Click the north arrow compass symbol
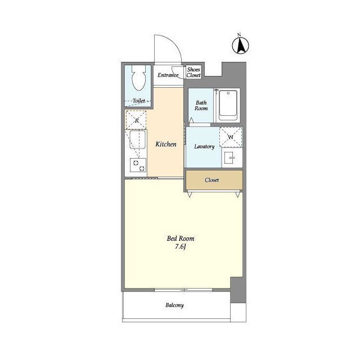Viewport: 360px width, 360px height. coord(240,46)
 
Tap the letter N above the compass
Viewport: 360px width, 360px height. coord(239,35)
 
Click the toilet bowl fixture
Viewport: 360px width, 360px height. coord(139,78)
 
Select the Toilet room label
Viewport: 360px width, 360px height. coord(139,101)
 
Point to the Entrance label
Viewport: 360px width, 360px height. coord(168,75)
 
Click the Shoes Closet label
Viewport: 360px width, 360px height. coord(193,72)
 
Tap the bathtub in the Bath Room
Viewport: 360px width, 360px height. coord(228,105)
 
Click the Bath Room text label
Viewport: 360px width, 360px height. coord(201,105)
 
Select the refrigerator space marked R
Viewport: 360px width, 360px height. coord(136,120)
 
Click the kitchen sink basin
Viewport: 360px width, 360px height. coord(138,139)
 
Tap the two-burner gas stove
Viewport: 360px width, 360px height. coord(138,165)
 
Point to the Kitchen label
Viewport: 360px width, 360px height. coord(166,144)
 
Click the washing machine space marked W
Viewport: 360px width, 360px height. coord(231,137)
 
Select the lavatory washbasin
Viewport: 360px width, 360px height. coord(229,157)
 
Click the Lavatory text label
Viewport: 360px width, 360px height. coord(204,146)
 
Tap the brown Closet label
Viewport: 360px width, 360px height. coord(211,180)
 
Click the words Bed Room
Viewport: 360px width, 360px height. coord(181,238)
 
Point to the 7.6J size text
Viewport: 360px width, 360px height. coord(181,247)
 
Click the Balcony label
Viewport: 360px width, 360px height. coord(174,305)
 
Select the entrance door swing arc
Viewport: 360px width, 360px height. coord(174,44)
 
